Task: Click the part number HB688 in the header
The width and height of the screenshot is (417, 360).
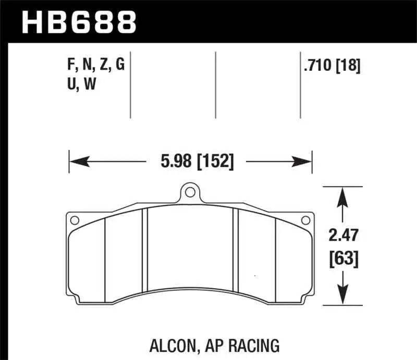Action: [x=78, y=21]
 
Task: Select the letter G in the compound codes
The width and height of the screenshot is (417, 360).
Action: [x=121, y=67]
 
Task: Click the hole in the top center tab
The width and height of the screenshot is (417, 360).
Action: [x=190, y=193]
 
